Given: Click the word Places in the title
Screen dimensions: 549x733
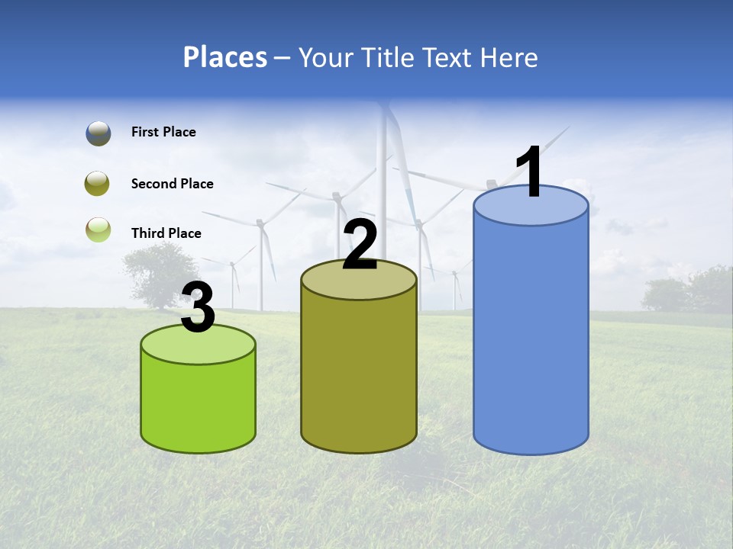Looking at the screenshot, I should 225,57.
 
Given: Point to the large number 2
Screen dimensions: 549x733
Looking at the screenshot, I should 360,245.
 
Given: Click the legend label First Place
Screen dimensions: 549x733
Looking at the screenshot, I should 163,132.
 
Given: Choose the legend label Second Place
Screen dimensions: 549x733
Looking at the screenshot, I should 172,184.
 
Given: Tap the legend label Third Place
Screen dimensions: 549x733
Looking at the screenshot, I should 166,233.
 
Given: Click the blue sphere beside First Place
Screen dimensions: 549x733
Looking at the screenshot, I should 98,133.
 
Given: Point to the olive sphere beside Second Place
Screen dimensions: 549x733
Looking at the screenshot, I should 98,184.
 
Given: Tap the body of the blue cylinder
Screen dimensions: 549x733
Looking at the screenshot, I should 531,335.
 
